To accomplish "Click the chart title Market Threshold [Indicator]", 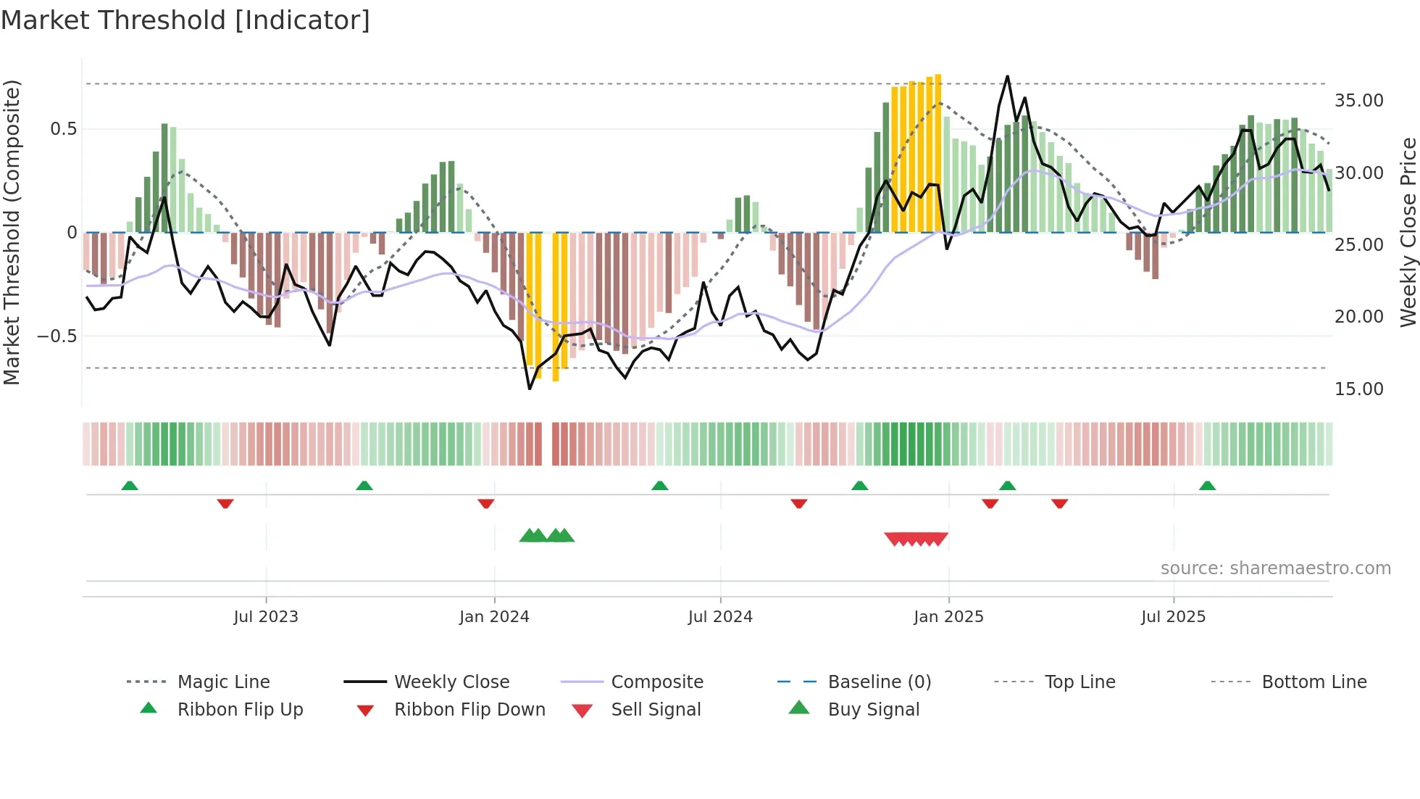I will click(x=185, y=20).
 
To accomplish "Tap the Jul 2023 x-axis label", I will click(x=266, y=617).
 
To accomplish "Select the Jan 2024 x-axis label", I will click(x=494, y=617).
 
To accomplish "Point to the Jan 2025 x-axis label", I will click(x=948, y=617).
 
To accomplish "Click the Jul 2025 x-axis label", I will click(x=1173, y=617).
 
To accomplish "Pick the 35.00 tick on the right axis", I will click(x=1358, y=101).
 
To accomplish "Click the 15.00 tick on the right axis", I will click(x=1358, y=389).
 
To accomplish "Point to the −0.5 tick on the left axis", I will click(x=57, y=336).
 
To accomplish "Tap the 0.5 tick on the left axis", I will click(x=63, y=129).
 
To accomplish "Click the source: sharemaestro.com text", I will click(x=1275, y=568).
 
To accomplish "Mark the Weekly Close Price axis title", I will click(x=1408, y=232).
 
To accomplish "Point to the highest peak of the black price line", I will click(x=1007, y=76).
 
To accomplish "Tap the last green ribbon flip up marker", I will click(x=1207, y=486).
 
